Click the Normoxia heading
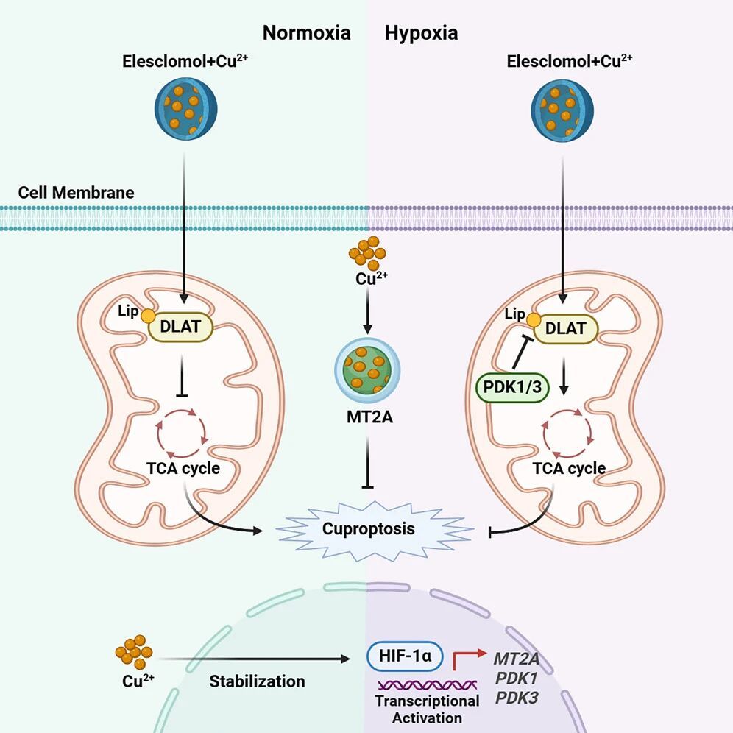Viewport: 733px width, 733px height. [x=307, y=33]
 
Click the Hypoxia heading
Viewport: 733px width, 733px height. [x=421, y=33]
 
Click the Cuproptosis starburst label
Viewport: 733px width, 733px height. [x=368, y=528]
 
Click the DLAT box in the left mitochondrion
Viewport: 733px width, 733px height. [x=180, y=326]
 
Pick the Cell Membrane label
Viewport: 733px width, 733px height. [x=76, y=193]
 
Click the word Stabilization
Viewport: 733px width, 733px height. [x=257, y=681]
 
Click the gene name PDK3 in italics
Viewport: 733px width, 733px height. [x=515, y=696]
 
